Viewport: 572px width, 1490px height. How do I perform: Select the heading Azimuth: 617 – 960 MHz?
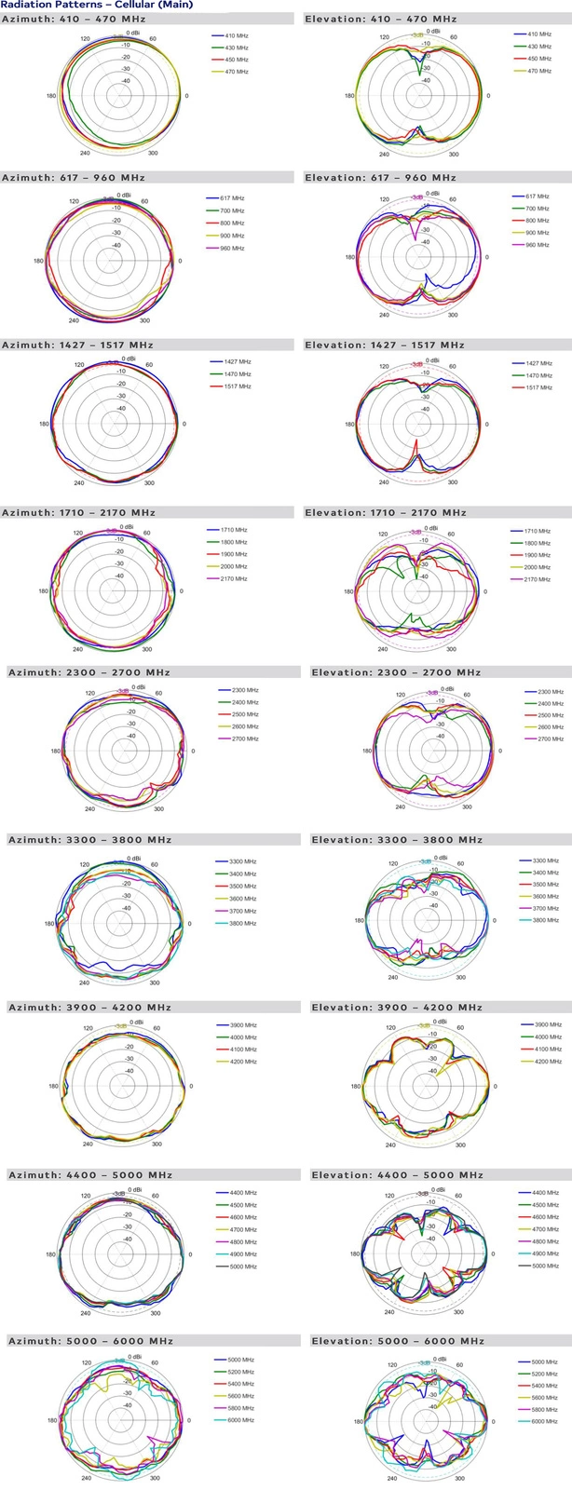[x=74, y=178]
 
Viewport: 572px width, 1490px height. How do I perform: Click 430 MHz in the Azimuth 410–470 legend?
[x=236, y=47]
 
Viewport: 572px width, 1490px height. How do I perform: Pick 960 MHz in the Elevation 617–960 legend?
[x=538, y=245]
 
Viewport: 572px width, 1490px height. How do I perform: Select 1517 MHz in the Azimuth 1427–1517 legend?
[x=238, y=386]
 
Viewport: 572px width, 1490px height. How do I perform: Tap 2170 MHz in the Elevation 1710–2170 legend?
[x=538, y=579]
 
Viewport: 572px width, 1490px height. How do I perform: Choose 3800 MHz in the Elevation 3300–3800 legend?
[x=545, y=921]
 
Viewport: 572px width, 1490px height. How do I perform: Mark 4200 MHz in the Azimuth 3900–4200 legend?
[x=243, y=1062]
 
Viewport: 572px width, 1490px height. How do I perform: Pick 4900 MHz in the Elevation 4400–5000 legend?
[x=545, y=1254]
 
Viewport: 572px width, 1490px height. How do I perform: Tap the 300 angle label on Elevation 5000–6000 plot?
[x=459, y=1478]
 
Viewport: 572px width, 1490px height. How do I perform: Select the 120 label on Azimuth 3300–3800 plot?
[x=85, y=865]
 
